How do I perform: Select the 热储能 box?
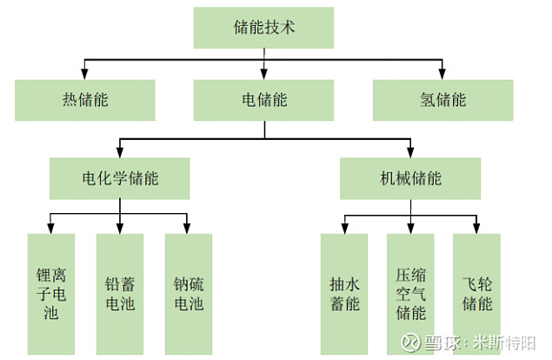coord(85,100)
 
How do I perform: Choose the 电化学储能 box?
coord(121,178)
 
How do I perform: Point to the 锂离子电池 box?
coord(52,295)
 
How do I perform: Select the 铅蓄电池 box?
coord(120,295)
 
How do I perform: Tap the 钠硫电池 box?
coord(188,295)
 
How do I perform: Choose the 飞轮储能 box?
coord(477,295)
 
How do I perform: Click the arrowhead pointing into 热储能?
coord(85,75)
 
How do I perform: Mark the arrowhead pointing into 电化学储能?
coord(121,153)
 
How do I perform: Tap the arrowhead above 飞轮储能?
coord(477,229)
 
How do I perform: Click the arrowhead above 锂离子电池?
coord(52,229)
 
